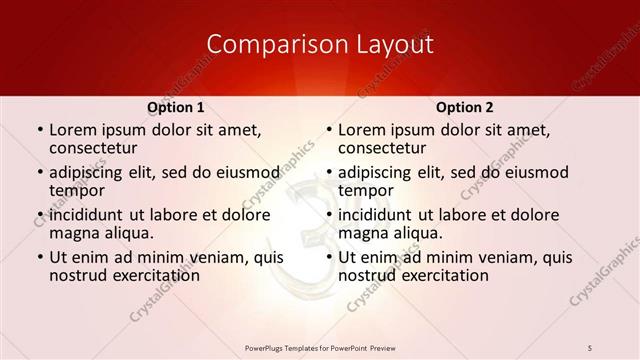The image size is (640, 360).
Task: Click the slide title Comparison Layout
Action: pyautogui.click(x=320, y=45)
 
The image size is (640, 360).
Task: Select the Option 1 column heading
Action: pyautogui.click(x=176, y=107)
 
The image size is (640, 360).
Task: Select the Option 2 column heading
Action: pyautogui.click(x=465, y=107)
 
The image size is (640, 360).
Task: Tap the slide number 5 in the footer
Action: pyautogui.click(x=590, y=347)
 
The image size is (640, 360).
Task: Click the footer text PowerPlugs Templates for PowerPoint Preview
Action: pyautogui.click(x=320, y=347)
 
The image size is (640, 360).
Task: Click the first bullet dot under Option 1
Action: pyautogui.click(x=38, y=131)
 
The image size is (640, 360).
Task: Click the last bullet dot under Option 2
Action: pyautogui.click(x=327, y=258)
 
